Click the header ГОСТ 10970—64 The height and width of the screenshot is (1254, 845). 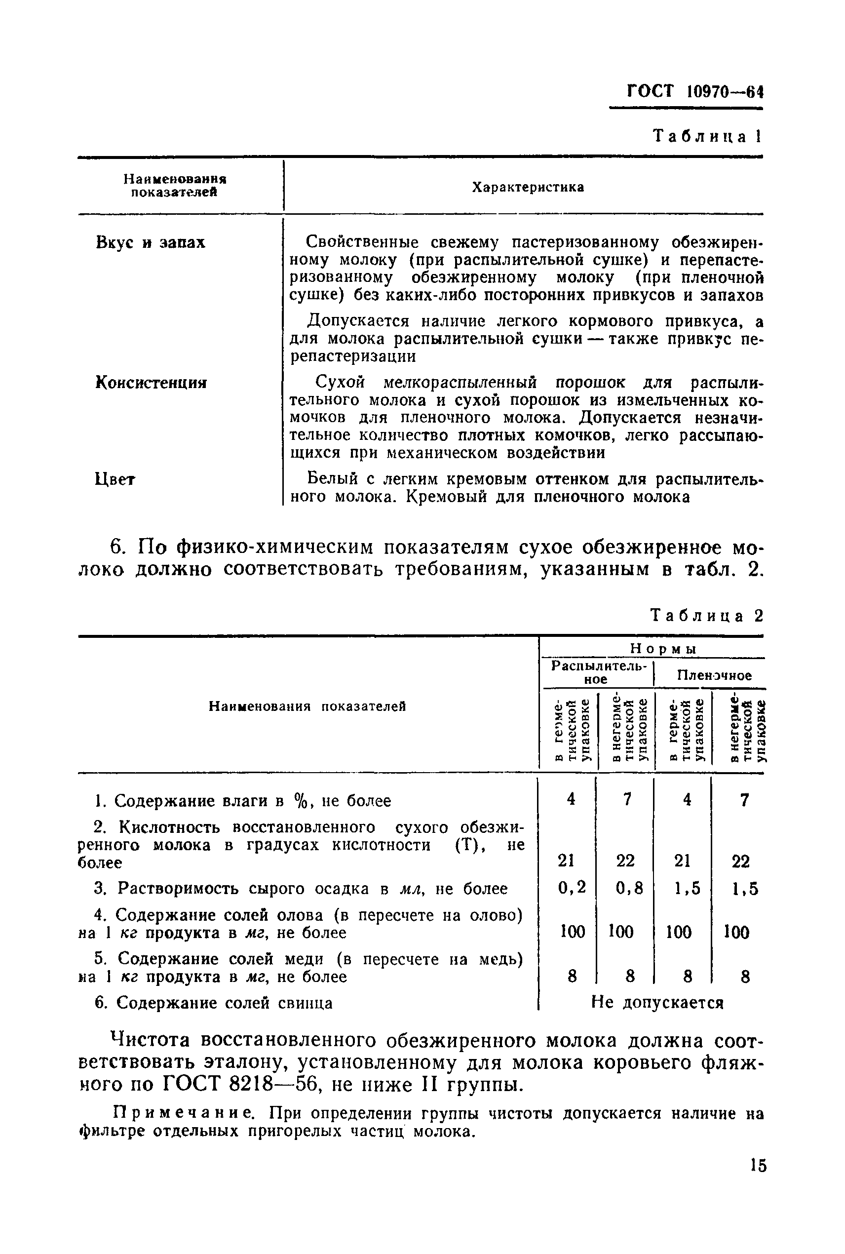pos(695,91)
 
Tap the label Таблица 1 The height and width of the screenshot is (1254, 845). pos(707,136)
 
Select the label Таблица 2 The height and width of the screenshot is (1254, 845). pos(707,616)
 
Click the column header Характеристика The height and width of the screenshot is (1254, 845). pos(528,187)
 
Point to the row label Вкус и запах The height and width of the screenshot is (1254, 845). pos(151,242)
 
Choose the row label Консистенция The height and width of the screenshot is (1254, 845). pos(151,383)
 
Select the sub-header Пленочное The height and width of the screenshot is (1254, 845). pos(714,675)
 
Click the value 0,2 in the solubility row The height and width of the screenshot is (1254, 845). pos(572,887)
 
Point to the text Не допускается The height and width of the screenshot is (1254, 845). pos(657,1003)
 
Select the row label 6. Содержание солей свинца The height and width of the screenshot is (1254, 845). pos(213,1003)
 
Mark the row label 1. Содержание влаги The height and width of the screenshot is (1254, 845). pos(242,801)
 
